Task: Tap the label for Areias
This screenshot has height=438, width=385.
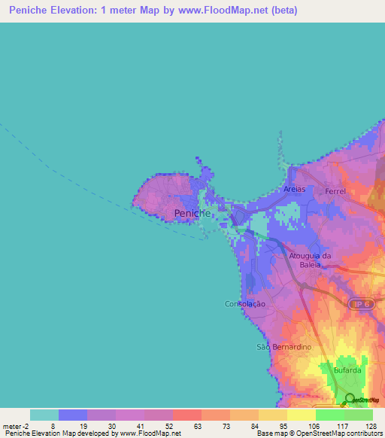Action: (295, 189)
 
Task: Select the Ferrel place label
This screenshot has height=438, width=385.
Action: (335, 192)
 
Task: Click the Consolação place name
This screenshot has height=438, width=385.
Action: (246, 304)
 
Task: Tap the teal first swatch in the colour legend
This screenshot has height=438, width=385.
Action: (44, 415)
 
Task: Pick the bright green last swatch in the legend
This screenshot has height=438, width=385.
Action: (359, 415)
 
